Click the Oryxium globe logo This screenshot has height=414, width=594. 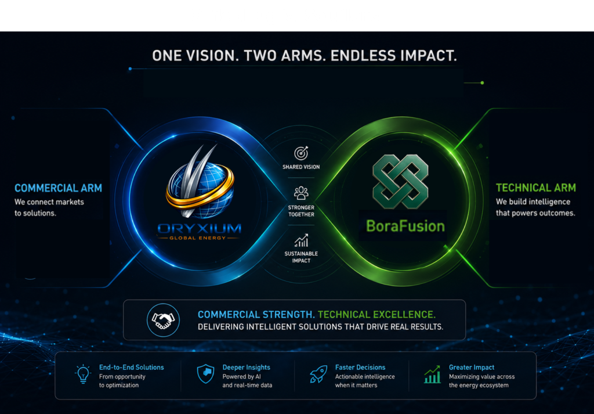pyautogui.click(x=200, y=182)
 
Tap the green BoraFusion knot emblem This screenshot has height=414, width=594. pyautogui.click(x=400, y=181)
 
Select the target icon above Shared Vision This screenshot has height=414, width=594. pyautogui.click(x=301, y=153)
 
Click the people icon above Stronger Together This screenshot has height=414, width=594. pyautogui.click(x=301, y=193)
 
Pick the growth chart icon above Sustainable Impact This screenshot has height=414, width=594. pyautogui.click(x=301, y=240)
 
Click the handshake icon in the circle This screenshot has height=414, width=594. pyautogui.click(x=163, y=320)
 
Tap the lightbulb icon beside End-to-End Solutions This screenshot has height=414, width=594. pyautogui.click(x=82, y=374)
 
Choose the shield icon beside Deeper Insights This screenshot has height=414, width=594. pyautogui.click(x=206, y=373)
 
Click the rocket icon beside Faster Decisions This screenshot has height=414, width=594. pyautogui.click(x=318, y=374)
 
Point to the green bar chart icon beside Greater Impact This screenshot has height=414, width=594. pyautogui.click(x=432, y=375)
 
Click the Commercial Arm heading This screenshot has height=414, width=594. pyautogui.click(x=59, y=188)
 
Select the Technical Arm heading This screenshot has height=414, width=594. pyautogui.click(x=535, y=188)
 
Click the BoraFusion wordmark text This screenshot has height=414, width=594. pyautogui.click(x=405, y=226)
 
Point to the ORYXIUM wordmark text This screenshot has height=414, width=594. pyautogui.click(x=200, y=229)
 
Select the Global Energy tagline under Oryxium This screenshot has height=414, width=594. pyautogui.click(x=198, y=238)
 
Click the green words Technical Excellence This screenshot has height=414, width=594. pyautogui.click(x=376, y=315)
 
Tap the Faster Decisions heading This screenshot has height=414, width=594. pyautogui.click(x=360, y=368)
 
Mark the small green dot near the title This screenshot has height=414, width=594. pyautogui.click(x=482, y=82)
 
